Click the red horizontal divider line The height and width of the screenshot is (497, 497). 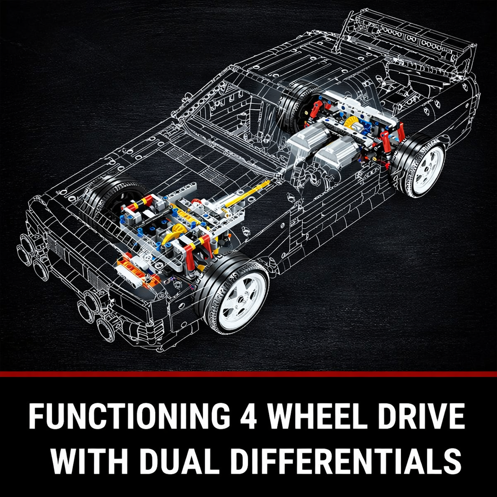click(x=248, y=374)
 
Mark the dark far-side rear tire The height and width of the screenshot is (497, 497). click(x=296, y=104)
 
